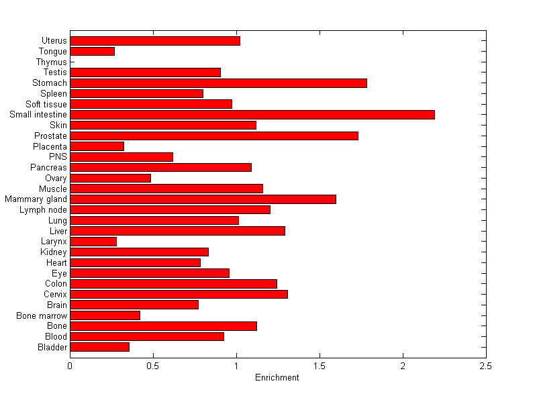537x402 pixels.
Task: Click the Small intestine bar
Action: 252,115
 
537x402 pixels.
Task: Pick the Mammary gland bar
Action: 203,199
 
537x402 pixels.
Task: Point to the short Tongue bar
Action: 92,51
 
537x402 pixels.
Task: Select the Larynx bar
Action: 93,242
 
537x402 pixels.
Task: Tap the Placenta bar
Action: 97,146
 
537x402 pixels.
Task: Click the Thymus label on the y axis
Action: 52,62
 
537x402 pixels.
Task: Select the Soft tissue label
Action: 46,104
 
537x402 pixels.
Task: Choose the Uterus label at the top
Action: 54,41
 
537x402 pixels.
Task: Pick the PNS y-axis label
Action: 58,157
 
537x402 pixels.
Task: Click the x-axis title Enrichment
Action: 277,378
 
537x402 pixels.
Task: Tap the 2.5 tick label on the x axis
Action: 486,366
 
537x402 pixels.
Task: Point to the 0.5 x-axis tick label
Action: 153,366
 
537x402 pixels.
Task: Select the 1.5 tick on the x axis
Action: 320,366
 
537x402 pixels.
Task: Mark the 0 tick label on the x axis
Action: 70,366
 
